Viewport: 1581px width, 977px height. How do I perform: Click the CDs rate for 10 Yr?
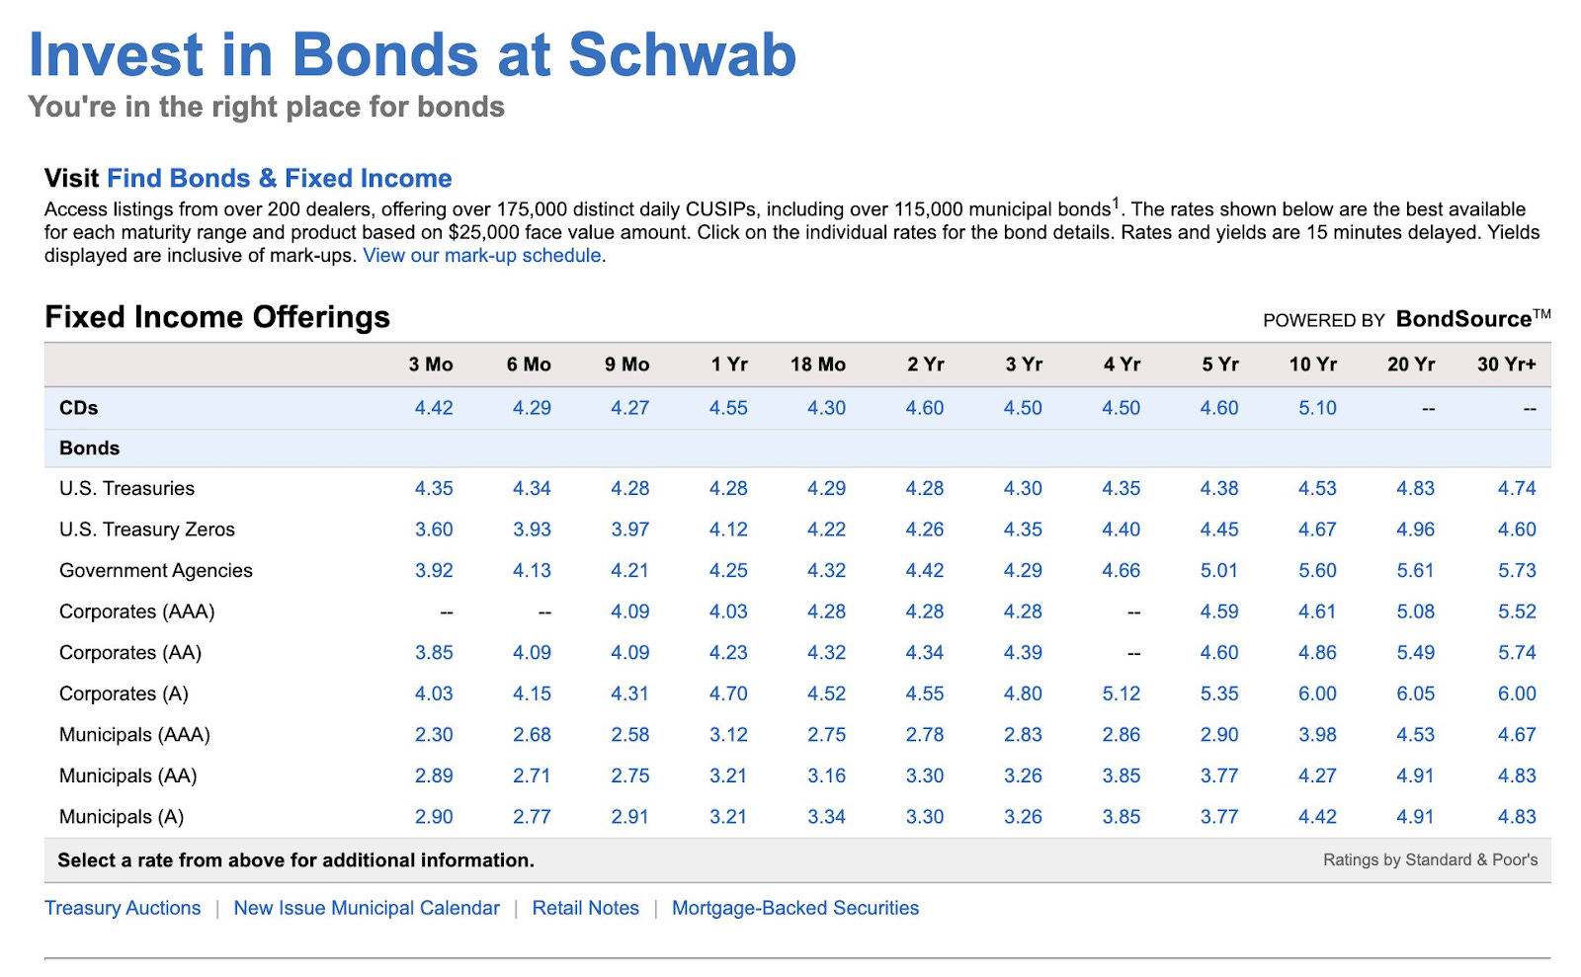coord(1316,408)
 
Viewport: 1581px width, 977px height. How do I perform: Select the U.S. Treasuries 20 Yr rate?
coord(1415,489)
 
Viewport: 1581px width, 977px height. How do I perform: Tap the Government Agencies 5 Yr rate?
coord(1218,571)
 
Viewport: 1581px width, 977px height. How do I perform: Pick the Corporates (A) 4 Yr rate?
coord(1121,694)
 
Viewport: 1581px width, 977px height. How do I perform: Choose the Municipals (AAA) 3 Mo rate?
coord(434,735)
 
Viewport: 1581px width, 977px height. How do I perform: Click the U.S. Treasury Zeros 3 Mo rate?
coord(434,529)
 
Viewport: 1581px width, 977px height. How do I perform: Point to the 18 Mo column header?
coord(817,365)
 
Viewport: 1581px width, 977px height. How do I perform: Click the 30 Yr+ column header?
coord(1506,365)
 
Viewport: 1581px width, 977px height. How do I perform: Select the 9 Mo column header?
coord(626,365)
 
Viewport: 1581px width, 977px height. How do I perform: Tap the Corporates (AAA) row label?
coord(136,612)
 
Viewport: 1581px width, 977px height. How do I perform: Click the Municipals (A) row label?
coord(122,817)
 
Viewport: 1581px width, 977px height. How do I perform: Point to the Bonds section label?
coord(89,448)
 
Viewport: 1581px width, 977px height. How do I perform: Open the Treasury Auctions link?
coord(123,908)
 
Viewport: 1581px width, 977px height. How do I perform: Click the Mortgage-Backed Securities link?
coord(794,908)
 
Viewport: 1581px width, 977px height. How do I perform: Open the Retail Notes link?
coord(585,908)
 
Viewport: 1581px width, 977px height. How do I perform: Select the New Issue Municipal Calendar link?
coord(367,908)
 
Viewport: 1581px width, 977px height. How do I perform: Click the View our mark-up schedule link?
coord(482,256)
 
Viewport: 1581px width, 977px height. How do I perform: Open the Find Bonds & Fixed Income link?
coord(279,179)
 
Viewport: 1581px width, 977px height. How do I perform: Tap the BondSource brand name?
coord(1462,319)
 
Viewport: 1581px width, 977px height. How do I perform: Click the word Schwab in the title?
coord(682,55)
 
